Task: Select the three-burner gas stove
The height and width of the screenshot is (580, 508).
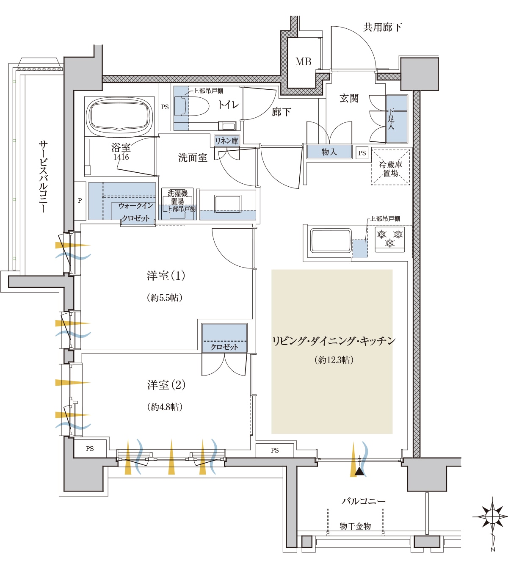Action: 390,240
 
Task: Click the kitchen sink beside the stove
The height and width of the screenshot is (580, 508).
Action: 331,240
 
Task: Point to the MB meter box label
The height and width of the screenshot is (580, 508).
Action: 304,62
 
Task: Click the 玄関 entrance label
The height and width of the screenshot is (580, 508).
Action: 349,98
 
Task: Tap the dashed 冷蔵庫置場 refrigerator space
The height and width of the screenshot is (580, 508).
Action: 391,167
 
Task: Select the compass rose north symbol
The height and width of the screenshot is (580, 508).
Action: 493,516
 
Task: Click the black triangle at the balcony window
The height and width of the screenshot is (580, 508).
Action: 359,471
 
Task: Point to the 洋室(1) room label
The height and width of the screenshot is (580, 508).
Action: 166,276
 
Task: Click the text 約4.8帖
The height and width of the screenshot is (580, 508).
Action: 165,407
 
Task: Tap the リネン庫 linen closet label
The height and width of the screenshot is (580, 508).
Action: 226,141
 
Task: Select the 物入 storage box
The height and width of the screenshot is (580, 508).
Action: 329,152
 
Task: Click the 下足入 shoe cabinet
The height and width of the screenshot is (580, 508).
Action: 397,119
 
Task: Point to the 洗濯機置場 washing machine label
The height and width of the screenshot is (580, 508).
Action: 178,198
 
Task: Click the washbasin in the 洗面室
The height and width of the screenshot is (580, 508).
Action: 228,204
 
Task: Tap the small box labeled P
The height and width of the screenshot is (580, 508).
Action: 80,201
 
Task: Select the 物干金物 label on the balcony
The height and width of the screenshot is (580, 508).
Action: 355,526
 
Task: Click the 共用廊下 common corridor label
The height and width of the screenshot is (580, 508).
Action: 382,27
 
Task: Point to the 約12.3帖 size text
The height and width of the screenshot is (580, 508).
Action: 334,360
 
